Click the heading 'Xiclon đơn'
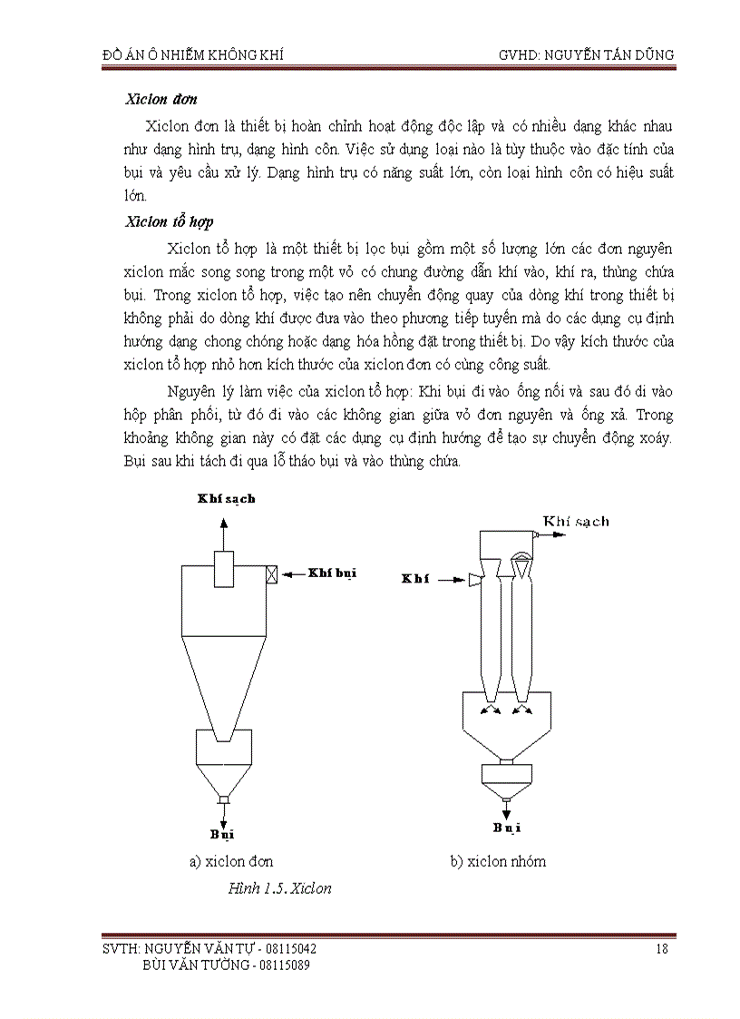click(x=161, y=99)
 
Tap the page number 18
click(x=661, y=949)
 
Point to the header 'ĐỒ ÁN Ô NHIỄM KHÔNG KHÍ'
click(x=192, y=54)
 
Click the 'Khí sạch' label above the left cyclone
click(x=226, y=498)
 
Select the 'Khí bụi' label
click(x=333, y=573)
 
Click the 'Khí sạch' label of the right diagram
click(x=576, y=521)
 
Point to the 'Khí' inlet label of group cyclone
click(x=414, y=579)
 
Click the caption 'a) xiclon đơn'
click(x=231, y=861)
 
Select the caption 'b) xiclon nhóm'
click(x=498, y=861)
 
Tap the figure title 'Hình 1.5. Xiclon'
click(x=280, y=888)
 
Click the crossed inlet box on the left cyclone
click(x=271, y=573)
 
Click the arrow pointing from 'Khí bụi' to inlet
click(x=293, y=573)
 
